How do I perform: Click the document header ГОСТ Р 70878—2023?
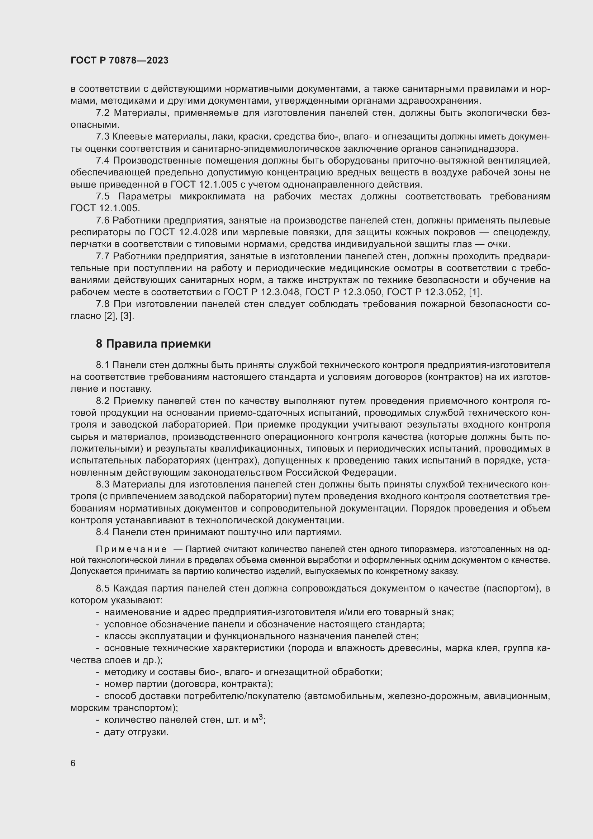(x=119, y=60)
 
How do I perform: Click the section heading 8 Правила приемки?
(x=153, y=344)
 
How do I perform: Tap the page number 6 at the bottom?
(x=73, y=763)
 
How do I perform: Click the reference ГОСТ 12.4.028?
(x=183, y=232)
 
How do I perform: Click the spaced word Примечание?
(x=131, y=549)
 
